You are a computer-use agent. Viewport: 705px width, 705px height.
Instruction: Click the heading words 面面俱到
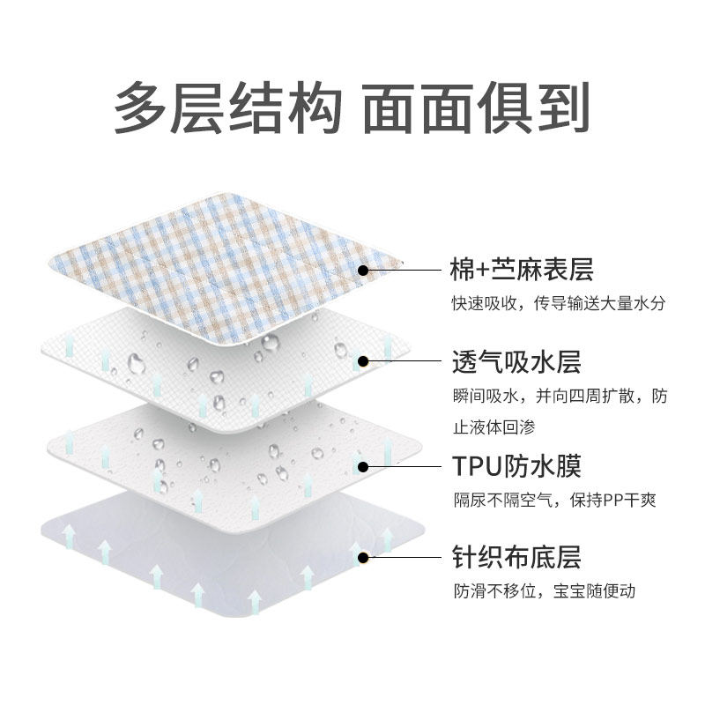(x=476, y=108)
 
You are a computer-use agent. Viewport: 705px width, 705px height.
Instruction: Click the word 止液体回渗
(x=494, y=427)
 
